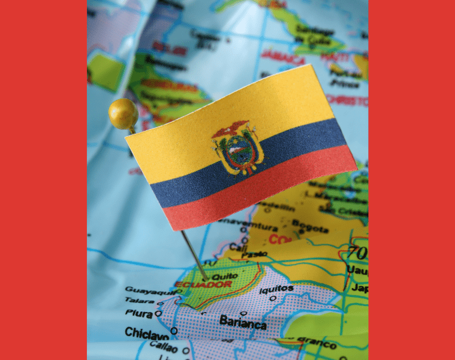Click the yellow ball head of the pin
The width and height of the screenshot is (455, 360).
[123, 113]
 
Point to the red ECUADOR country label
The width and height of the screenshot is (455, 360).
[203, 284]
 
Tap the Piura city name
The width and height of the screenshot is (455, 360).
[138, 313]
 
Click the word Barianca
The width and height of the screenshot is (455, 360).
[243, 322]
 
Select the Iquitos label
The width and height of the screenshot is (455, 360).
[276, 289]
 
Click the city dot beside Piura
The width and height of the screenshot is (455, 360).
[158, 313]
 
